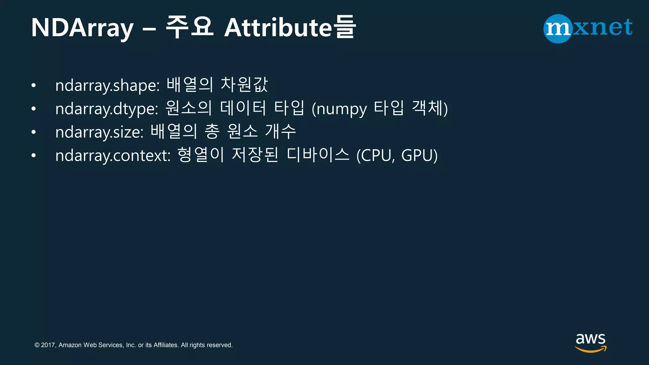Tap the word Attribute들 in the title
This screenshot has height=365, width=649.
point(290,28)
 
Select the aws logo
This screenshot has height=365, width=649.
point(590,342)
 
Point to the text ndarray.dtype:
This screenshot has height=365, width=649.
point(106,109)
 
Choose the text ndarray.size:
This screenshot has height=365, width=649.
point(100,132)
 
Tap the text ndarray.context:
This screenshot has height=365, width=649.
point(113,156)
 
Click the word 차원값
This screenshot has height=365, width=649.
point(244,85)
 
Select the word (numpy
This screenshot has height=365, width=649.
point(339,109)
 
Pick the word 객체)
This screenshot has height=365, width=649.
point(430,108)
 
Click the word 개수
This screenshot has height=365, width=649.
point(280,131)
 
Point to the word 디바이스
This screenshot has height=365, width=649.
point(318,155)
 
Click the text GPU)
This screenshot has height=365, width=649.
point(419,156)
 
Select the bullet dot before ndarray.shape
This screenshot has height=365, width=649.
point(34,86)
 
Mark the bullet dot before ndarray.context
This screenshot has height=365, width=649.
point(34,156)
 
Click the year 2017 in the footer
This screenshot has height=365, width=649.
point(48,345)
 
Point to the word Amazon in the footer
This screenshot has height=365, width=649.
point(70,345)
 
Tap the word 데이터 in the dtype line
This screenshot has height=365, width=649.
point(243,108)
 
